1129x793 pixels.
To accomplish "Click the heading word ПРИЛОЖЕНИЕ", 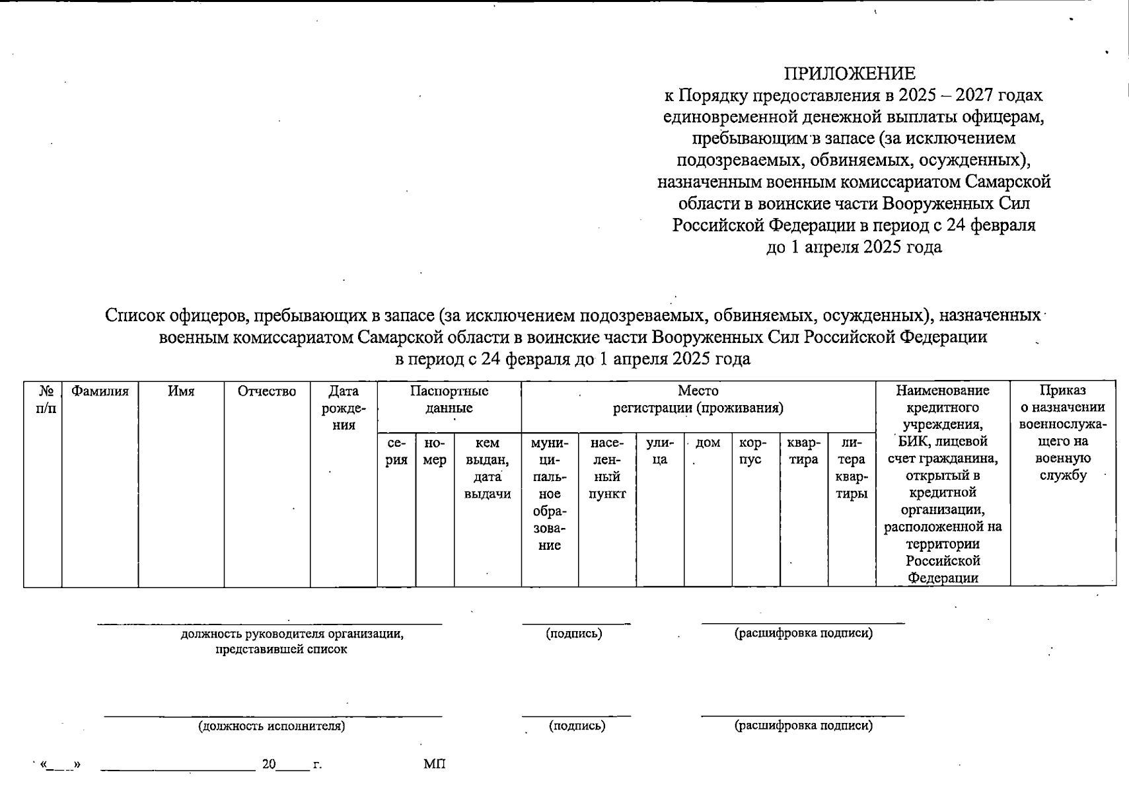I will (850, 73).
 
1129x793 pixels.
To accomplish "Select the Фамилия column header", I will (100, 391).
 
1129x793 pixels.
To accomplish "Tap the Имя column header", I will (181, 391).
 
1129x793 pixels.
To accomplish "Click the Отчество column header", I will (267, 391).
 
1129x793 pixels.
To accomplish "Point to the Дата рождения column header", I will (344, 408).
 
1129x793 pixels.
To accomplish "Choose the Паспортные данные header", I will (449, 399).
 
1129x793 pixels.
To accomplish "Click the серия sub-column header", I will (396, 451).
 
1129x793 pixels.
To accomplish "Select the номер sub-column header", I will (435, 451).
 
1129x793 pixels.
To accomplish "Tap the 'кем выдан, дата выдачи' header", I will (488, 468).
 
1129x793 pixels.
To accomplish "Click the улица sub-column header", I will (660, 451).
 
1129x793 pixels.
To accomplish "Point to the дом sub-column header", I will (708, 443).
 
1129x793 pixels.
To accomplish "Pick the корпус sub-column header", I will (750, 451).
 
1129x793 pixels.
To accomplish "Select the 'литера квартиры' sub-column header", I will (852, 468).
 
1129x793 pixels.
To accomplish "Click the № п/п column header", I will (46, 399).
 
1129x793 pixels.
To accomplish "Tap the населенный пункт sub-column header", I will (607, 468).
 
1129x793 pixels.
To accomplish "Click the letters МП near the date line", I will (435, 765).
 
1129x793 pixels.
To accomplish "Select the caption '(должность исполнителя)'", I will (272, 726).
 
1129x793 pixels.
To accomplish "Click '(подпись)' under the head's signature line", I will (574, 634).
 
